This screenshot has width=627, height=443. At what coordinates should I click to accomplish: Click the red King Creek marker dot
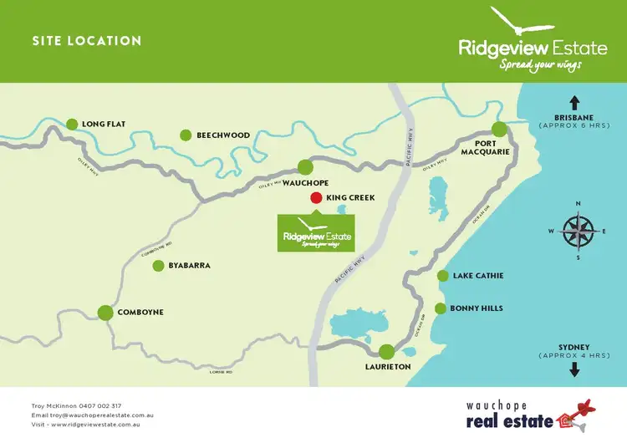[x=315, y=198]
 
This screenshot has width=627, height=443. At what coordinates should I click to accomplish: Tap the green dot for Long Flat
[x=72, y=124]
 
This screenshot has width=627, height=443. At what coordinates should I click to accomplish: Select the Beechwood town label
[x=223, y=135]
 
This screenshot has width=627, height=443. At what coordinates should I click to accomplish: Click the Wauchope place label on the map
[x=305, y=182]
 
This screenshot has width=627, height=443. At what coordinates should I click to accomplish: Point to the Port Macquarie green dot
[x=499, y=129]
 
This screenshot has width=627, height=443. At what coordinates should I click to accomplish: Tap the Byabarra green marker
[x=158, y=266]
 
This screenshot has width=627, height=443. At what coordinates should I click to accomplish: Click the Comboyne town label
[x=140, y=313]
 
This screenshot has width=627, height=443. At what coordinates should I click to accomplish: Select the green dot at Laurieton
[x=386, y=352]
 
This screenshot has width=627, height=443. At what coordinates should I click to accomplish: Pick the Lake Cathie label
[x=478, y=276]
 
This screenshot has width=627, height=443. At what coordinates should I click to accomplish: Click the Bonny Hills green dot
[x=441, y=308]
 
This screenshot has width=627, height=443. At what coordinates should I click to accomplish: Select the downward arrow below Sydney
[x=574, y=370]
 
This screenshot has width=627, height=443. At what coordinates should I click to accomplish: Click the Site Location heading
[x=86, y=41]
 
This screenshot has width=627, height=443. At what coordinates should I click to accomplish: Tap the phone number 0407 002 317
[x=99, y=405]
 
